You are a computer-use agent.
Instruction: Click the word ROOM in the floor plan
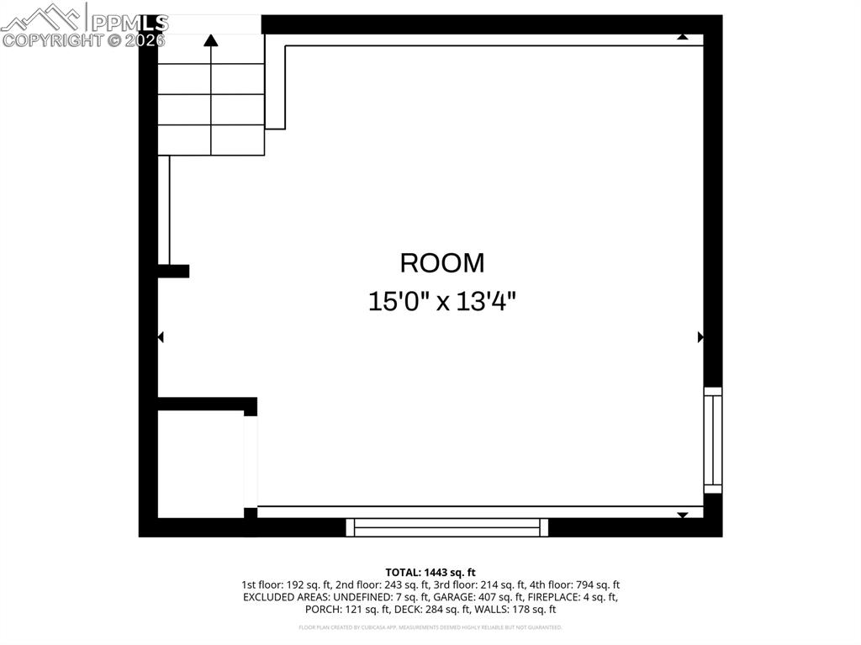(442, 263)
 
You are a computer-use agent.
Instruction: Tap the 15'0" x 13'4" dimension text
(442, 301)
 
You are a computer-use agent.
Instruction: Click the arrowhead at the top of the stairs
(211, 39)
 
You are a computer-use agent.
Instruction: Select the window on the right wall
(712, 441)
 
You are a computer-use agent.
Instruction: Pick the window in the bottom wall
(446, 527)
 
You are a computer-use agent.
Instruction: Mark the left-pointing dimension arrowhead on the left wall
(161, 337)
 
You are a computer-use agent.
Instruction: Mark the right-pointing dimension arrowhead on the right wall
(700, 337)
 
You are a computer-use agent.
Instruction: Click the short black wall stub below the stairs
(173, 271)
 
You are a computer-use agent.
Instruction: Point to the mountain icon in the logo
(42, 17)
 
